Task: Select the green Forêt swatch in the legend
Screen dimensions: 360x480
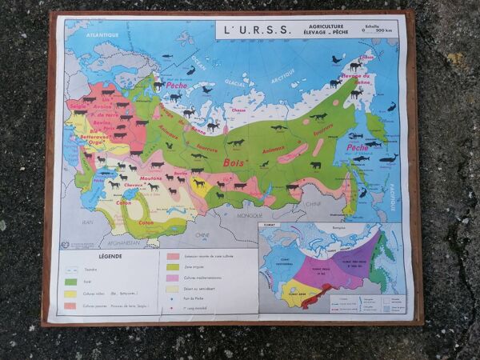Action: pos(74,281)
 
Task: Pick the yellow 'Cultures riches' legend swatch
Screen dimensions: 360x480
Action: pos(74,294)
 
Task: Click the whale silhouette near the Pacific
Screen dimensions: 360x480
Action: pos(389,158)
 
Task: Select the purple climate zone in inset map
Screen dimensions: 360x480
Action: pos(352,273)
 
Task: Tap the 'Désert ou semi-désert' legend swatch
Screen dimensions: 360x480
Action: pos(173,290)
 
